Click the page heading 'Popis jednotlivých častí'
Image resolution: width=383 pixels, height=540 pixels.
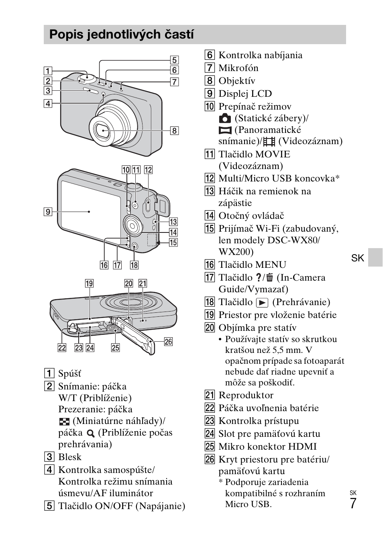(x=121, y=35)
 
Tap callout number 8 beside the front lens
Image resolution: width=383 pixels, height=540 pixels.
(x=174, y=130)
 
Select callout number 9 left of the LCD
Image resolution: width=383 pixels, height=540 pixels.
(x=48, y=212)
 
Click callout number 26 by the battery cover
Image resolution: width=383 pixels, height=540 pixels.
(x=168, y=342)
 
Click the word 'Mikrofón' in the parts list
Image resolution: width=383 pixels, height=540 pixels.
(x=238, y=68)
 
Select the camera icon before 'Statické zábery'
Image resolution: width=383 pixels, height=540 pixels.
(x=225, y=118)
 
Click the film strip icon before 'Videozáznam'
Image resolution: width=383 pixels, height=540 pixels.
(x=269, y=141)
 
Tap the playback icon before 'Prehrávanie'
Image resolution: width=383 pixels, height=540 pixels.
(x=262, y=303)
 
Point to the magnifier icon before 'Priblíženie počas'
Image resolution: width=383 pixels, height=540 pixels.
(x=91, y=433)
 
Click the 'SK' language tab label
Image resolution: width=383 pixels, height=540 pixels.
(x=357, y=258)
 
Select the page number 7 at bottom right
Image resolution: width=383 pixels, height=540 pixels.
(x=353, y=503)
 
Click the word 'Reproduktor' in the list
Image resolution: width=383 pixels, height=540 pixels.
(x=246, y=395)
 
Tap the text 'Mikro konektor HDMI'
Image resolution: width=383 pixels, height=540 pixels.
(x=267, y=446)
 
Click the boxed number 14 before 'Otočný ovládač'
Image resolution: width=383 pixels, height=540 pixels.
(x=210, y=216)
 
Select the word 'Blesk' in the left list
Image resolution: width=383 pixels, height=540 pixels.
(x=69, y=457)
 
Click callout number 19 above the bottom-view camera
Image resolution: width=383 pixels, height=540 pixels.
(x=89, y=283)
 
